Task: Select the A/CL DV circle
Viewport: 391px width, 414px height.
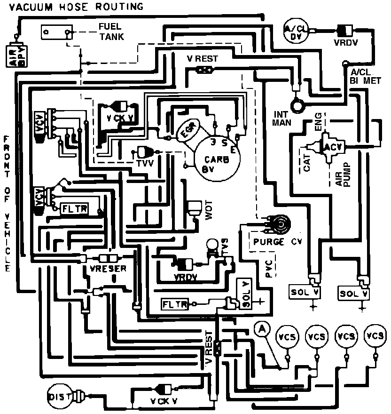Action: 296,32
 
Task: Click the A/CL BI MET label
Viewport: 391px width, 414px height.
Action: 365,76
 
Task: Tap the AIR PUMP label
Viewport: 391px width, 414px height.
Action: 344,175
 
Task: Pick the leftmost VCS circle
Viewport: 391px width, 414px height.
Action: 288,337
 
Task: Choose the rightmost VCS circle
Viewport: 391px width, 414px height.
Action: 375,336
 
